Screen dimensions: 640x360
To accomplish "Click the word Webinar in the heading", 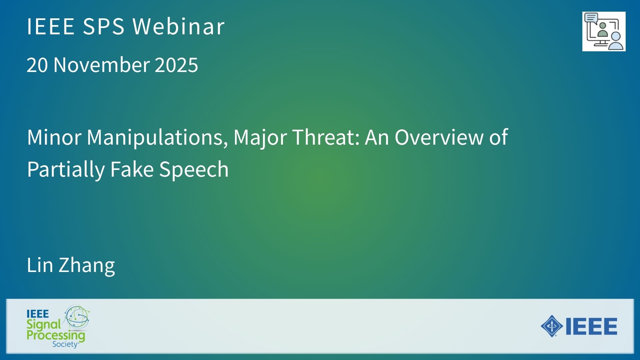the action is coord(179,26).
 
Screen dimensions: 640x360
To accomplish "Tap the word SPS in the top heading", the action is coord(103,26).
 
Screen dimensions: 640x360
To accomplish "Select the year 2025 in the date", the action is coord(176,65).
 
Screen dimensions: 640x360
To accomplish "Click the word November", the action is coord(102,65).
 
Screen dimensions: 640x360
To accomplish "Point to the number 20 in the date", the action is coord(37,65).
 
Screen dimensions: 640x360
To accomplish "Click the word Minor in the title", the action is coord(54,137).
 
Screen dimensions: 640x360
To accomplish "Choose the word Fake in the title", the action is coord(132,169).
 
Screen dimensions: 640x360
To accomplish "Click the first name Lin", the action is coord(40,265).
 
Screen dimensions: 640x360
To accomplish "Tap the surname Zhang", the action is coord(87,266).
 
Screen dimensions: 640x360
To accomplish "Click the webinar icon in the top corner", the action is coord(604,31).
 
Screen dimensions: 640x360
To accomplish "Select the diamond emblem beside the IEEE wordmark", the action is coord(552,326).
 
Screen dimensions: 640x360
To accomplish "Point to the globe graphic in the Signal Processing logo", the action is coord(77,317).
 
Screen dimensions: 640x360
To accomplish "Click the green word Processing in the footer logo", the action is coord(56,335).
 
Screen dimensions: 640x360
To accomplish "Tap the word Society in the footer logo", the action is coord(65,344).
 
